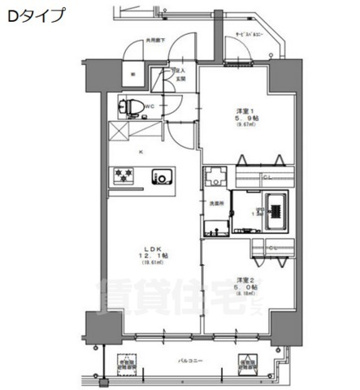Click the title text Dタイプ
[34, 16]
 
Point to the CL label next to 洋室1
[267, 177]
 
